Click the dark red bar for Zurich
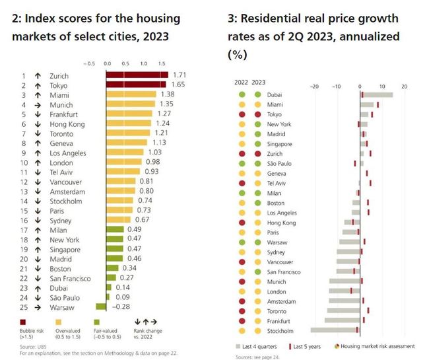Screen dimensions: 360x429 (137, 76)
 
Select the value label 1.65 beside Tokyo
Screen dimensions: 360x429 (178, 86)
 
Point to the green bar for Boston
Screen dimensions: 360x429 (112, 268)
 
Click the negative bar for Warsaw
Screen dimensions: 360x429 (101, 307)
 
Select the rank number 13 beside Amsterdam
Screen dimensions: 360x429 (23, 192)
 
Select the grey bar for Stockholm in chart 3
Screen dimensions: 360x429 (335, 330)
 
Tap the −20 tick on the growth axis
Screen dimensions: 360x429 (313, 86)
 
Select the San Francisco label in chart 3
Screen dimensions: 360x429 (284, 271)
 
